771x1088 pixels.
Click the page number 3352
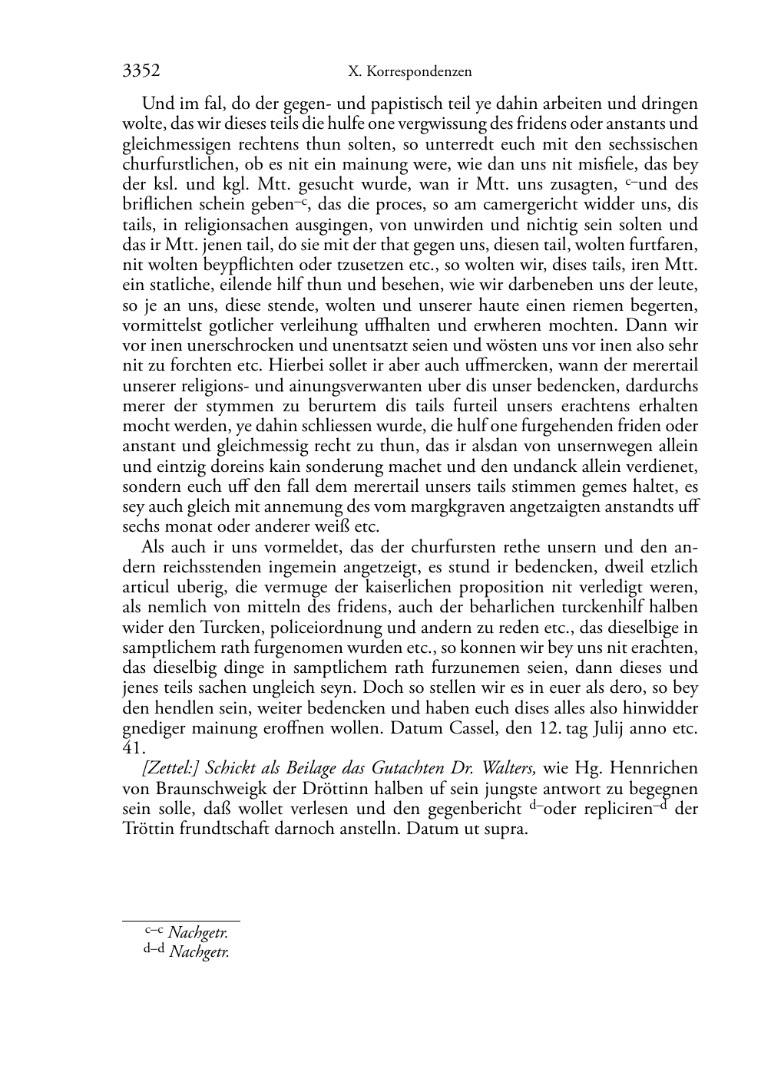click(x=141, y=71)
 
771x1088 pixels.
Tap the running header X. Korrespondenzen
click(x=409, y=72)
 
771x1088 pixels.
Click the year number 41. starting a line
click(x=134, y=747)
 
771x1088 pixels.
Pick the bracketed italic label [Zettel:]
click(x=170, y=768)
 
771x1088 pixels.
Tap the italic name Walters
click(x=508, y=768)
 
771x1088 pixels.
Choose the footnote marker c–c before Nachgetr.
click(x=154, y=931)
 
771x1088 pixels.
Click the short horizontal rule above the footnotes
click(x=181, y=920)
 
